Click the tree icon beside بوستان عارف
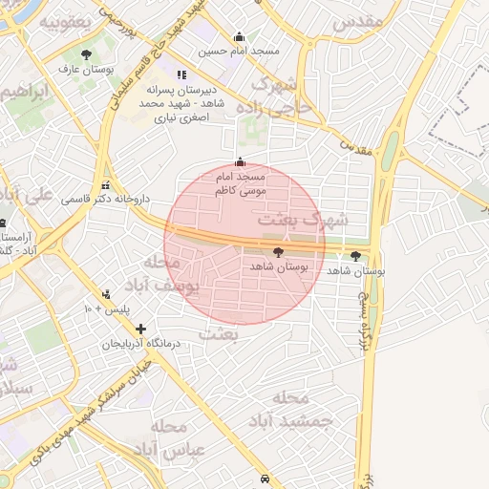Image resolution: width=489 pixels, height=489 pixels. click(x=87, y=55)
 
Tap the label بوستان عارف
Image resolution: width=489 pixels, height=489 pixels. click(x=85, y=70)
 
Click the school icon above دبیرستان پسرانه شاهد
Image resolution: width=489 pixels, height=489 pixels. click(x=181, y=74)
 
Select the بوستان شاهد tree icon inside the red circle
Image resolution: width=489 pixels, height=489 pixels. click(x=278, y=253)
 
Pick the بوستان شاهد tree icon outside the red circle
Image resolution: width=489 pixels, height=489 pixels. click(x=355, y=256)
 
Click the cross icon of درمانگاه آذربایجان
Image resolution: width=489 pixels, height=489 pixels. click(x=140, y=329)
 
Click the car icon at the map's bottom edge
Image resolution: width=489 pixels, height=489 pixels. click(x=264, y=478)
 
